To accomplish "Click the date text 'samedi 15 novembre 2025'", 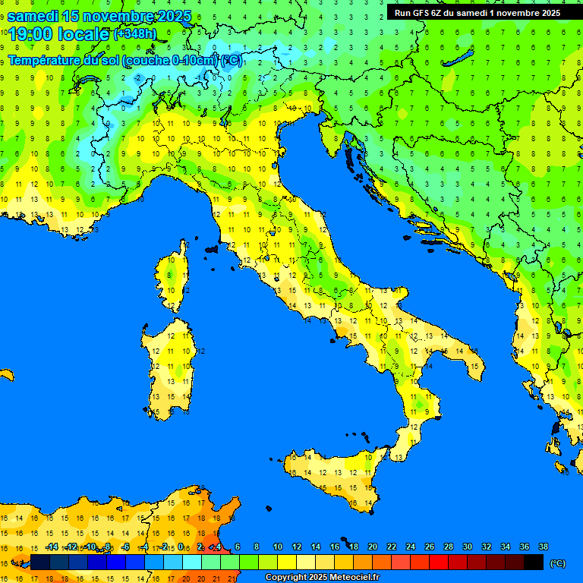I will pyautogui.click(x=99, y=16).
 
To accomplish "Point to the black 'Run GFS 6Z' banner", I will pyautogui.click(x=477, y=12).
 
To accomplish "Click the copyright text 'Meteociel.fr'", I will pyautogui.click(x=349, y=578).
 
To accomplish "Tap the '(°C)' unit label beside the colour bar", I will pyautogui.click(x=557, y=563).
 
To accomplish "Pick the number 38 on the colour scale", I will pyautogui.click(x=543, y=547).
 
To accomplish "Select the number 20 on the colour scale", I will pyautogui.click(x=372, y=547).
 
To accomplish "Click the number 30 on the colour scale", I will pyautogui.click(x=467, y=547).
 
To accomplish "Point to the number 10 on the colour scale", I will pyautogui.click(x=277, y=547).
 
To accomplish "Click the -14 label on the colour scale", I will pyautogui.click(x=52, y=547).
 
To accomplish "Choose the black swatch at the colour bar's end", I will pyautogui.click(x=534, y=562).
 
